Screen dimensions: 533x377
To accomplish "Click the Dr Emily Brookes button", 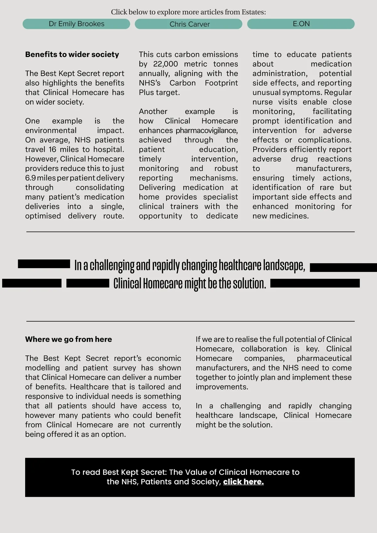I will [x=76, y=24].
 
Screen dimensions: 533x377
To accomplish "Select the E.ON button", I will [x=301, y=24].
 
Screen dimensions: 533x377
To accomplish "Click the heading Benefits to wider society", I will [x=72, y=54].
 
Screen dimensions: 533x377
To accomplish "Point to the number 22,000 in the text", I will [x=166, y=64].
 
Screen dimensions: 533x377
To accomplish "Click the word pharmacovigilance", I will [x=207, y=130].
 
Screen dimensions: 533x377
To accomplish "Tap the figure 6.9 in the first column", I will [x=30, y=178].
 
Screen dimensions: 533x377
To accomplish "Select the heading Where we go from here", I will [x=68, y=339].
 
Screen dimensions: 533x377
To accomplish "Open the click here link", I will [x=243, y=482].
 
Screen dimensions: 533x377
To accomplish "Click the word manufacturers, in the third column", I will [x=324, y=168].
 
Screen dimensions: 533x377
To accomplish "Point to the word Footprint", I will [x=221, y=83].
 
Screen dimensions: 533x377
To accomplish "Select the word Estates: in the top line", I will [x=254, y=12].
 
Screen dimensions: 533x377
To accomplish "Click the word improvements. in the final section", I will [x=222, y=387].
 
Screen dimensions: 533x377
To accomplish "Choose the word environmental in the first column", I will [x=51, y=130].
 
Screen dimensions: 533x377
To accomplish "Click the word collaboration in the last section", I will [x=264, y=349].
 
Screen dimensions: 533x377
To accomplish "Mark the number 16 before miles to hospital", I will [x=52, y=150].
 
